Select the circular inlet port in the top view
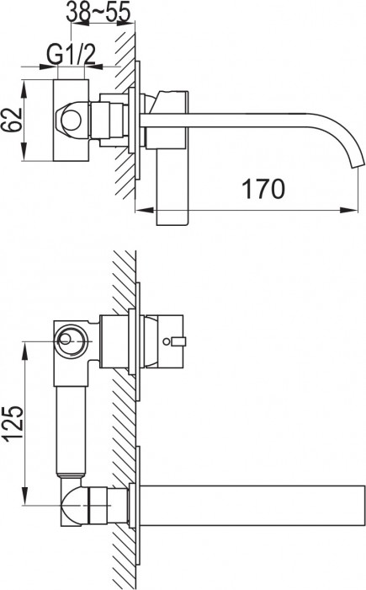pyautogui.click(x=74, y=119)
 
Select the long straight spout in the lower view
pyautogui.click(x=252, y=503)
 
